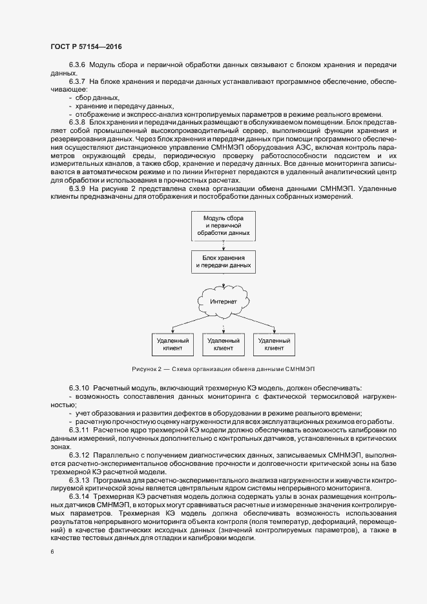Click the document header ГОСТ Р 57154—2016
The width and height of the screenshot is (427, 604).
tap(85, 48)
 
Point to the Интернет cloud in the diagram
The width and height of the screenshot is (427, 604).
tap(223, 301)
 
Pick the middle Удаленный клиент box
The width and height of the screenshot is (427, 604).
tap(223, 343)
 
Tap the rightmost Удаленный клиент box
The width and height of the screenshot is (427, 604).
tap(274, 343)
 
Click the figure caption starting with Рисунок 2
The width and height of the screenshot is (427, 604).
tap(223, 368)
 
